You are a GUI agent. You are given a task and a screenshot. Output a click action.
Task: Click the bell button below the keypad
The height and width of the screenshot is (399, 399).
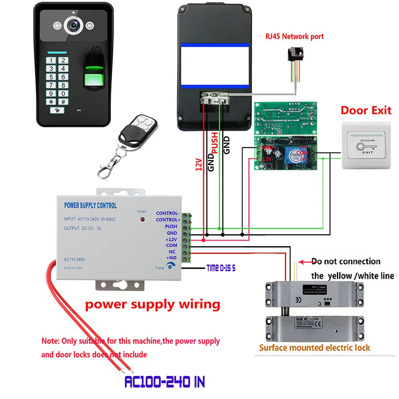(58, 111)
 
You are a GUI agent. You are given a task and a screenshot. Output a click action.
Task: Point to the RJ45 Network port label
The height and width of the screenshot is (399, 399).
(295, 36)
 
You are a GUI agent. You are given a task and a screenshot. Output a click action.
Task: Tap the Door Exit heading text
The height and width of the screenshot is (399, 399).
(366, 110)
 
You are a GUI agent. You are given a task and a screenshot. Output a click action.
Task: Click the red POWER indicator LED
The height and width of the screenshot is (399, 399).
(142, 220)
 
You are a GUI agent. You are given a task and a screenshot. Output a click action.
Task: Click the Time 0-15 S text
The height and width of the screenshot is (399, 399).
(221, 268)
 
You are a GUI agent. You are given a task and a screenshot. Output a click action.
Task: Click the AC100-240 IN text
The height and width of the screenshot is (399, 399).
(164, 382)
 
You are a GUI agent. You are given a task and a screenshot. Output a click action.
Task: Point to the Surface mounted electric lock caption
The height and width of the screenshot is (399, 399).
(314, 348)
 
